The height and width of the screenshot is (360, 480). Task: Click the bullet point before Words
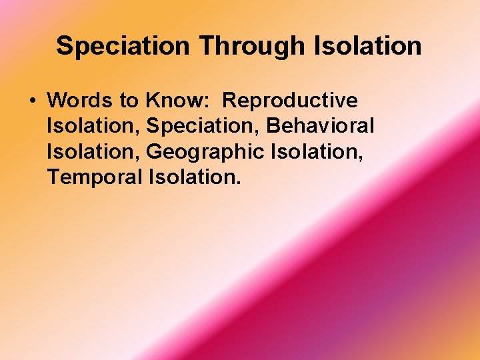32,101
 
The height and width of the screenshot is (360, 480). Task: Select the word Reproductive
290,101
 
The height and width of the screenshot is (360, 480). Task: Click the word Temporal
95,177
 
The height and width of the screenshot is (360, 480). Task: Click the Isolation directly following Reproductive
93,126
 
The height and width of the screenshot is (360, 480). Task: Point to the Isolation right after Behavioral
93,152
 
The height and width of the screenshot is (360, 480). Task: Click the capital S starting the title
64,46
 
